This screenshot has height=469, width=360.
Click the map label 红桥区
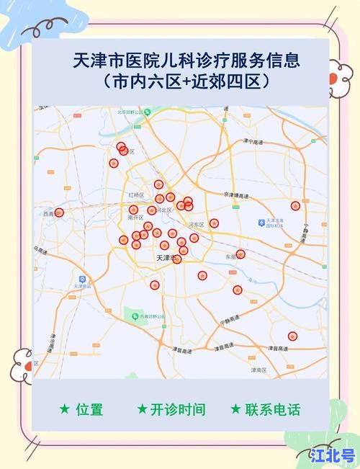tap(136, 195)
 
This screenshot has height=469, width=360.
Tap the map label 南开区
tap(135, 217)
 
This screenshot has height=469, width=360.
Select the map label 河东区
tap(197, 225)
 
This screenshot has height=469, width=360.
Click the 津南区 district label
tap(258, 370)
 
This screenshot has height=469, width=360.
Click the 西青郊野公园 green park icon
tap(134, 315)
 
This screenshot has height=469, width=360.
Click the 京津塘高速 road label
tap(235, 195)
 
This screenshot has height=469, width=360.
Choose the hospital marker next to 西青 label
tap(59, 213)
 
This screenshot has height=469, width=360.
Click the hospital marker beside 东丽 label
tap(240, 254)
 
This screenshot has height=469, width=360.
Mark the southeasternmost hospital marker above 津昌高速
tap(292, 336)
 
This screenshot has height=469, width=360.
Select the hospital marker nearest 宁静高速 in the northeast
tap(295, 206)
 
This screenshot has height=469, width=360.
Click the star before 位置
tap(65, 409)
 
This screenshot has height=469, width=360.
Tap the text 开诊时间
tap(178, 409)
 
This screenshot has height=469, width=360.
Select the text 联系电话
tap(272, 409)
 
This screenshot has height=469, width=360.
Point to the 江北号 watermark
tap(333, 455)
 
